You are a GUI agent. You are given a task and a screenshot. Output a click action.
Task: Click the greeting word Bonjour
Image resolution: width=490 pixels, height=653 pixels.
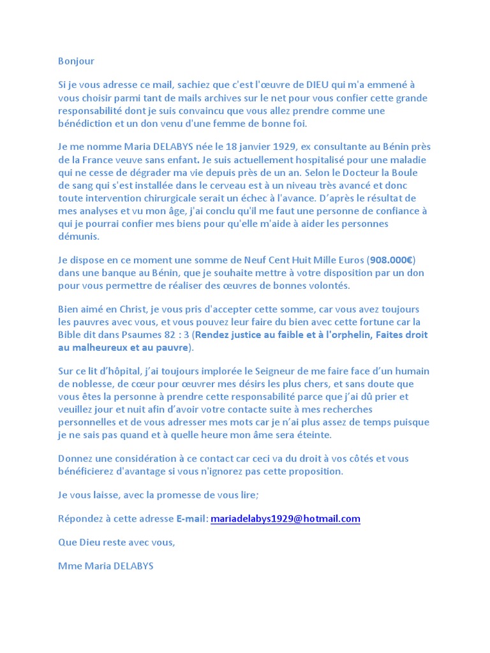coord(76,61)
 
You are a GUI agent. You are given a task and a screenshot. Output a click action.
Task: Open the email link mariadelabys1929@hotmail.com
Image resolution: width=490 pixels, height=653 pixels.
coord(285,518)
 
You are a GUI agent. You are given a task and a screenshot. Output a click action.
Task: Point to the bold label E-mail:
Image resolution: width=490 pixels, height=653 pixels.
coord(192,518)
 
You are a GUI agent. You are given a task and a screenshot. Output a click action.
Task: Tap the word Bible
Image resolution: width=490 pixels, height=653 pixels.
coord(72,335)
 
